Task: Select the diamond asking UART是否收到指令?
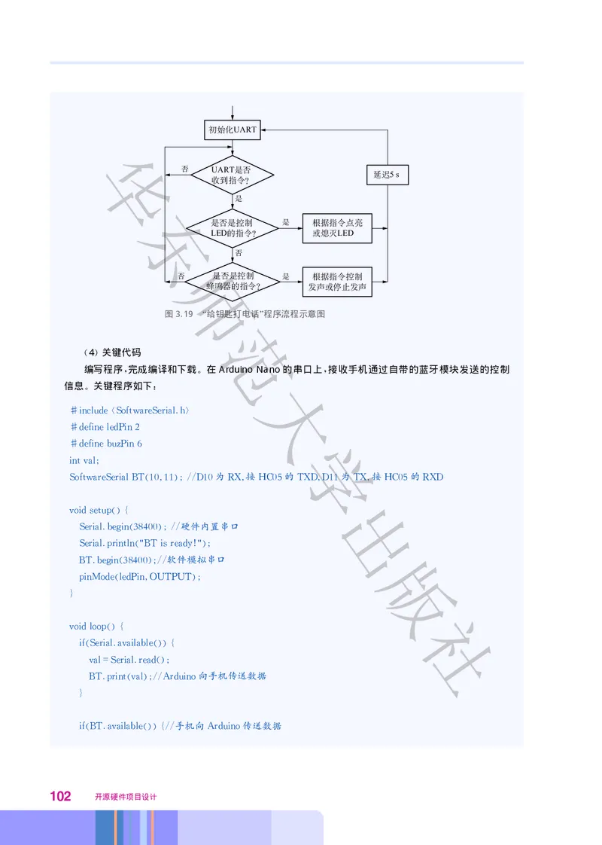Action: [232, 175]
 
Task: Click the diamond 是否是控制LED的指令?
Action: [233, 228]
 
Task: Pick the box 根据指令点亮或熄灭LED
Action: [336, 228]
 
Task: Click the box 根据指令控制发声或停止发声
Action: [336, 282]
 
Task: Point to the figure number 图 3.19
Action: [179, 313]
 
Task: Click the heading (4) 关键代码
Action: [112, 352]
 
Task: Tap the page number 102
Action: [60, 796]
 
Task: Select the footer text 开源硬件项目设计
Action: [125, 797]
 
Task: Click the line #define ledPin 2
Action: [105, 427]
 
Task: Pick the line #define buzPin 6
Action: [105, 444]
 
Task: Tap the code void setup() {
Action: [99, 510]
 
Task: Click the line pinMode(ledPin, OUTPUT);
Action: [140, 576]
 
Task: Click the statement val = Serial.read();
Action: [129, 659]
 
